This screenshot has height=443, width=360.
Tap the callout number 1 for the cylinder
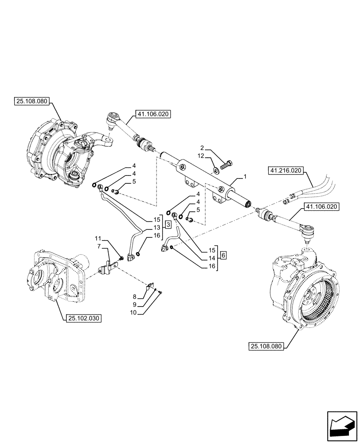pyautogui.click(x=244, y=177)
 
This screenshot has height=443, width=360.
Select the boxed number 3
pyautogui.click(x=168, y=225)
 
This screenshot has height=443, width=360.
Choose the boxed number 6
pyautogui.click(x=223, y=255)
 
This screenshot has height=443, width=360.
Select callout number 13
pyautogui.click(x=157, y=227)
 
